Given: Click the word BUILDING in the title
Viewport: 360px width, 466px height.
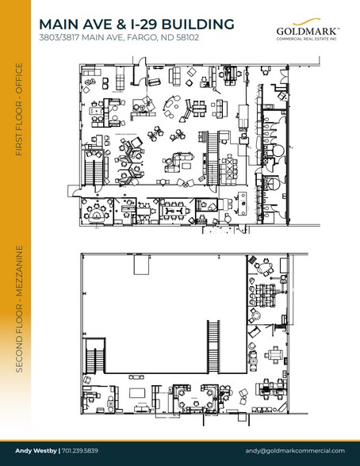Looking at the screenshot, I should pos(197,25).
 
